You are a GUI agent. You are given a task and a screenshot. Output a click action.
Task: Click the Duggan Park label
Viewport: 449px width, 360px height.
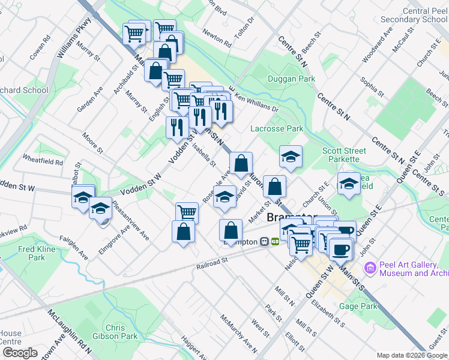291,79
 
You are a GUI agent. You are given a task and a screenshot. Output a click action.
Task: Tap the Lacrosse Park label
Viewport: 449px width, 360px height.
277,128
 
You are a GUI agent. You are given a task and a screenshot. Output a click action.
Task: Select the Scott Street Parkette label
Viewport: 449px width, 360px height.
341,155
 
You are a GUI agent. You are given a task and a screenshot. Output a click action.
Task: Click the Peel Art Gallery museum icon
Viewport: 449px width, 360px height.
370,267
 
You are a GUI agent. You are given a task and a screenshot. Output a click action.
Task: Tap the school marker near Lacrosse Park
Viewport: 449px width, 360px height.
291,158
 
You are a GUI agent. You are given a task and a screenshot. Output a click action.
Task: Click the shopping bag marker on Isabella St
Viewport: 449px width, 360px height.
241,164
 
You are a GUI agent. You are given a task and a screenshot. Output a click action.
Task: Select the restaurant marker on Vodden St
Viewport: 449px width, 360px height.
177,128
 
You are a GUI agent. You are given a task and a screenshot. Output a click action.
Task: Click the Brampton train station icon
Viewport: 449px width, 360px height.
264,242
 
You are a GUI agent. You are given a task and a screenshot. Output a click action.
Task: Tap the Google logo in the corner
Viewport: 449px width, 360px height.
19,353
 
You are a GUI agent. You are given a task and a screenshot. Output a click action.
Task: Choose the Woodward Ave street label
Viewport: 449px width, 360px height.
384,40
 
